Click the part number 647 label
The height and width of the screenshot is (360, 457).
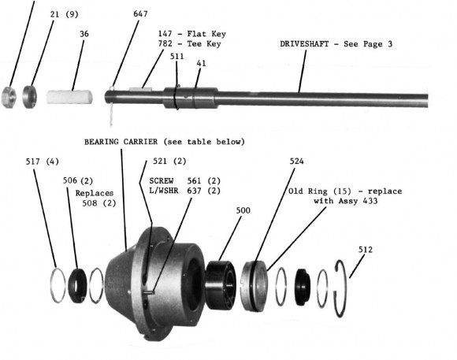coord(140,13)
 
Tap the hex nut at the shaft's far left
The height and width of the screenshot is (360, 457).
coord(9,98)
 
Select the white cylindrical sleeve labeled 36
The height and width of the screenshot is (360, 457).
coord(69,97)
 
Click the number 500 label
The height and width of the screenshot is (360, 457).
coord(243,210)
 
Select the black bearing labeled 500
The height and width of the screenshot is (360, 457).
coord(221,285)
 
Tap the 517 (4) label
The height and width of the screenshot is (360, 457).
coord(43,161)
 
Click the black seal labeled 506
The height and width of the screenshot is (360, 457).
coord(77,286)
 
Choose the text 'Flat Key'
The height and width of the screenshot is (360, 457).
coord(206,34)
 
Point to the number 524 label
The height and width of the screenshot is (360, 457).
coord(297,161)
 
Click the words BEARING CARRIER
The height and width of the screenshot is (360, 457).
coord(121,142)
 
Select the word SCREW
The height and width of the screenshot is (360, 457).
coord(162,181)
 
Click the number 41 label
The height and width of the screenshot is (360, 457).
coord(201,63)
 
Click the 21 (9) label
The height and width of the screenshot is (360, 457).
coord(65,14)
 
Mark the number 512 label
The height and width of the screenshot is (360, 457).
coord(366,250)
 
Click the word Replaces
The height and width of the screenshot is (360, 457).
coord(94,193)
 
